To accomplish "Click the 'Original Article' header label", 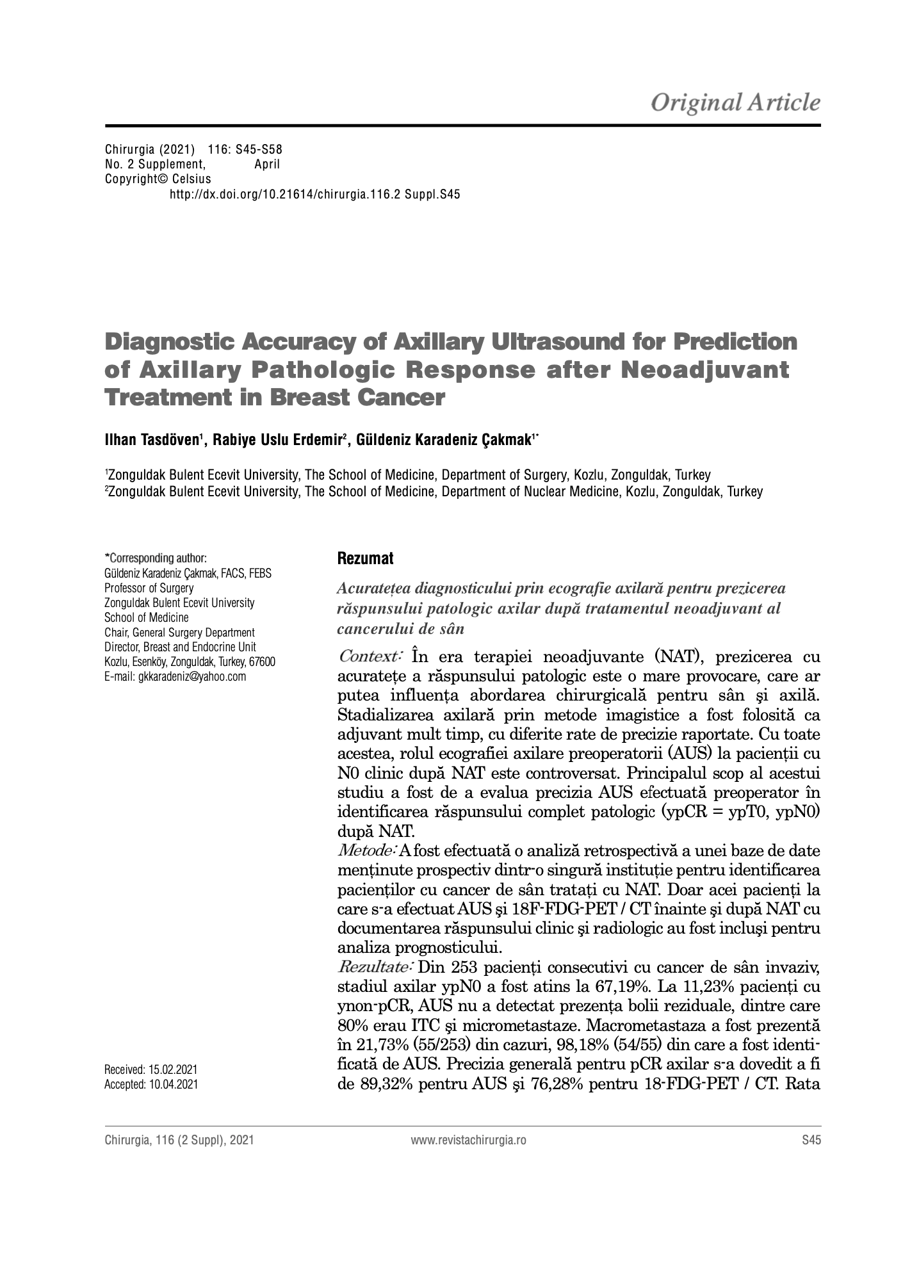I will click(x=735, y=102).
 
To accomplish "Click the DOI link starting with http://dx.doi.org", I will click(x=314, y=194).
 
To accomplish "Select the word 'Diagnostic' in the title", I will click(x=168, y=342).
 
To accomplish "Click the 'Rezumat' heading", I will click(x=365, y=558).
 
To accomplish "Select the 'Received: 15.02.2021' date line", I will click(x=151, y=1069).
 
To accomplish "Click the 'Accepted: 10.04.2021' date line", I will click(x=151, y=1084).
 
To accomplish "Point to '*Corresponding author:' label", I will click(x=156, y=558).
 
